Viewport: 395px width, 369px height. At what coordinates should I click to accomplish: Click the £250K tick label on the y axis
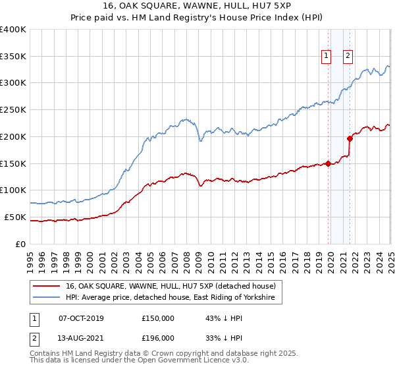point(13,109)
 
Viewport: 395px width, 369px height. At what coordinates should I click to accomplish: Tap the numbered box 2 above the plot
point(348,56)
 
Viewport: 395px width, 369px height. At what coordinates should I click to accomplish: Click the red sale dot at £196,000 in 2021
point(350,138)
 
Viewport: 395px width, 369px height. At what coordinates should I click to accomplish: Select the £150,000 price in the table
point(158,318)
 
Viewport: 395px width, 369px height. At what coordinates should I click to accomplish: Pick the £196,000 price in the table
point(158,338)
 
